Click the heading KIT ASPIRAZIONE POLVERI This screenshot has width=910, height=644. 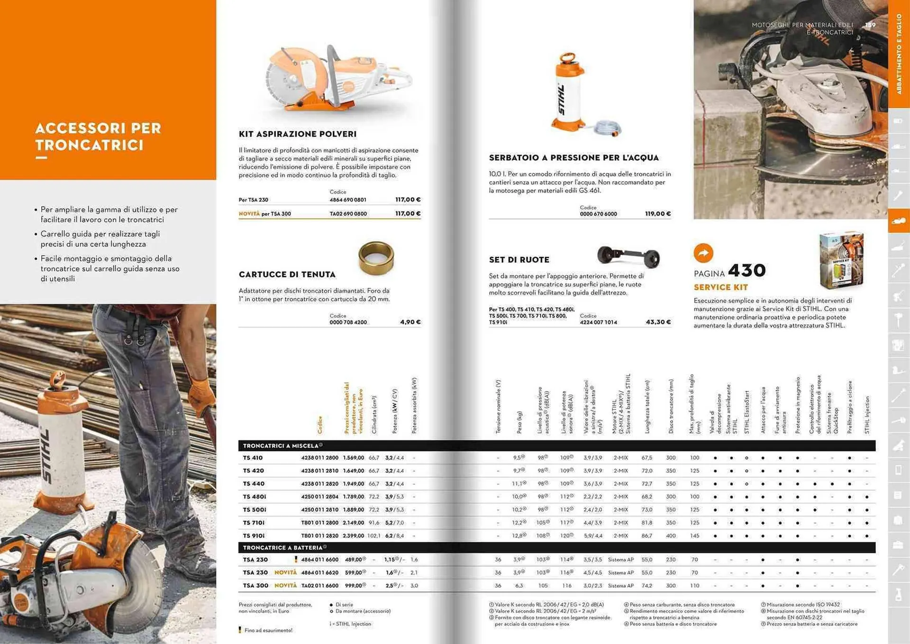tap(297, 134)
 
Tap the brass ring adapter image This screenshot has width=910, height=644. tap(376, 258)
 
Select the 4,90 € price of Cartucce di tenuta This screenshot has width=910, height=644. tap(410, 322)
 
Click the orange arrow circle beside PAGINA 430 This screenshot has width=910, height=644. tap(703, 253)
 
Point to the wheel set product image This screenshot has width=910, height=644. tap(628, 257)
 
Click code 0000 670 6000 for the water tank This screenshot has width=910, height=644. tap(598, 214)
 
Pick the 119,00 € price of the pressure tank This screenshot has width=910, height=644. tap(657, 214)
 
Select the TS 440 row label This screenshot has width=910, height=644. tap(254, 484)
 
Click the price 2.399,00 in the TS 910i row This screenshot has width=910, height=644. tap(354, 536)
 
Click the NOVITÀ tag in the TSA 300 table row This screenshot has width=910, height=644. tap(285, 586)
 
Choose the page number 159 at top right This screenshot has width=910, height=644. tap(870, 25)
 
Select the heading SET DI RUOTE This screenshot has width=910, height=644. tap(519, 260)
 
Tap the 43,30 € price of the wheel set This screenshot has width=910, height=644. tap(658, 322)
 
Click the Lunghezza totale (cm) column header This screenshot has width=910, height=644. tap(647, 406)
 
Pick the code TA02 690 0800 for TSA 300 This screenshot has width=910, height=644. tap(348, 214)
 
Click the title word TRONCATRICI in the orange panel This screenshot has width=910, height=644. tap(89, 145)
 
